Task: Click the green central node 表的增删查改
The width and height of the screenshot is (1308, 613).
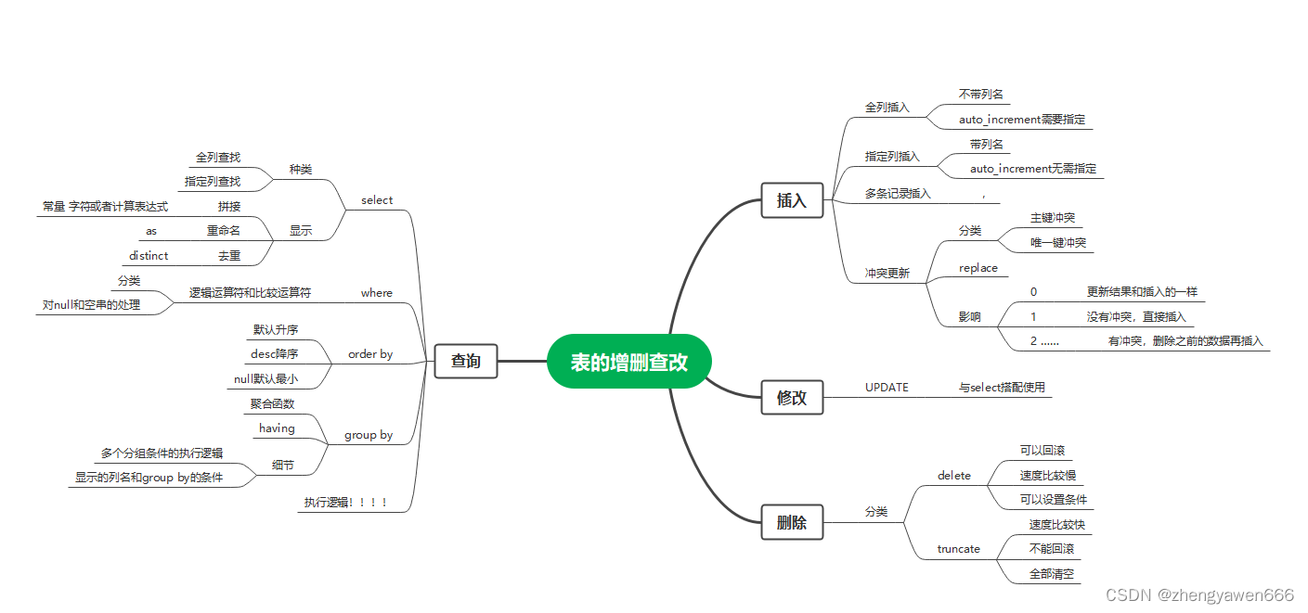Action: pyautogui.click(x=628, y=361)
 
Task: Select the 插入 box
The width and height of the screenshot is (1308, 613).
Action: pyautogui.click(x=792, y=200)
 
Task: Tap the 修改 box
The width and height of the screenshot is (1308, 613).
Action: pyautogui.click(x=792, y=398)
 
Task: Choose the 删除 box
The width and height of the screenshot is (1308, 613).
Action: pyautogui.click(x=792, y=522)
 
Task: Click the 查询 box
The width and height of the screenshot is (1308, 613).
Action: pyautogui.click(x=466, y=361)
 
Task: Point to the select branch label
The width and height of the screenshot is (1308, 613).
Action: pyautogui.click(x=377, y=200)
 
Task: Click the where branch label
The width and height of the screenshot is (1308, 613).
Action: pyautogui.click(x=377, y=293)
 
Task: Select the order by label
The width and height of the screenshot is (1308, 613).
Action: pyautogui.click(x=370, y=354)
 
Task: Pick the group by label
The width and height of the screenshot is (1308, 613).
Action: pyautogui.click(x=369, y=435)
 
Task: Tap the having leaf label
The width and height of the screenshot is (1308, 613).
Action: pyautogui.click(x=277, y=428)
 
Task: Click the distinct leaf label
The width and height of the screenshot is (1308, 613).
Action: pyautogui.click(x=149, y=256)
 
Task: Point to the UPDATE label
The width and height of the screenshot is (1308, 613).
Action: pyautogui.click(x=887, y=388)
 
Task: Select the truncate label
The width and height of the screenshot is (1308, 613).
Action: pyautogui.click(x=959, y=549)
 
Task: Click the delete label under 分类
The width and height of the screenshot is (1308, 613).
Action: pyautogui.click(x=954, y=476)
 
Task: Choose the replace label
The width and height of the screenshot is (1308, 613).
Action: pyautogui.click(x=978, y=268)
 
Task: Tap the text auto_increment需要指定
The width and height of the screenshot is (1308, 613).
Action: pyautogui.click(x=1021, y=121)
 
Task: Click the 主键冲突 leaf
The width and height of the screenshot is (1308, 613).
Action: pyautogui.click(x=1053, y=218)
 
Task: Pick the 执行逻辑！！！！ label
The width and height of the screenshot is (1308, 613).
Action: pyautogui.click(x=345, y=503)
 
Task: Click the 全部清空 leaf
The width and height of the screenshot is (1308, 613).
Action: pyautogui.click(x=1052, y=574)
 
